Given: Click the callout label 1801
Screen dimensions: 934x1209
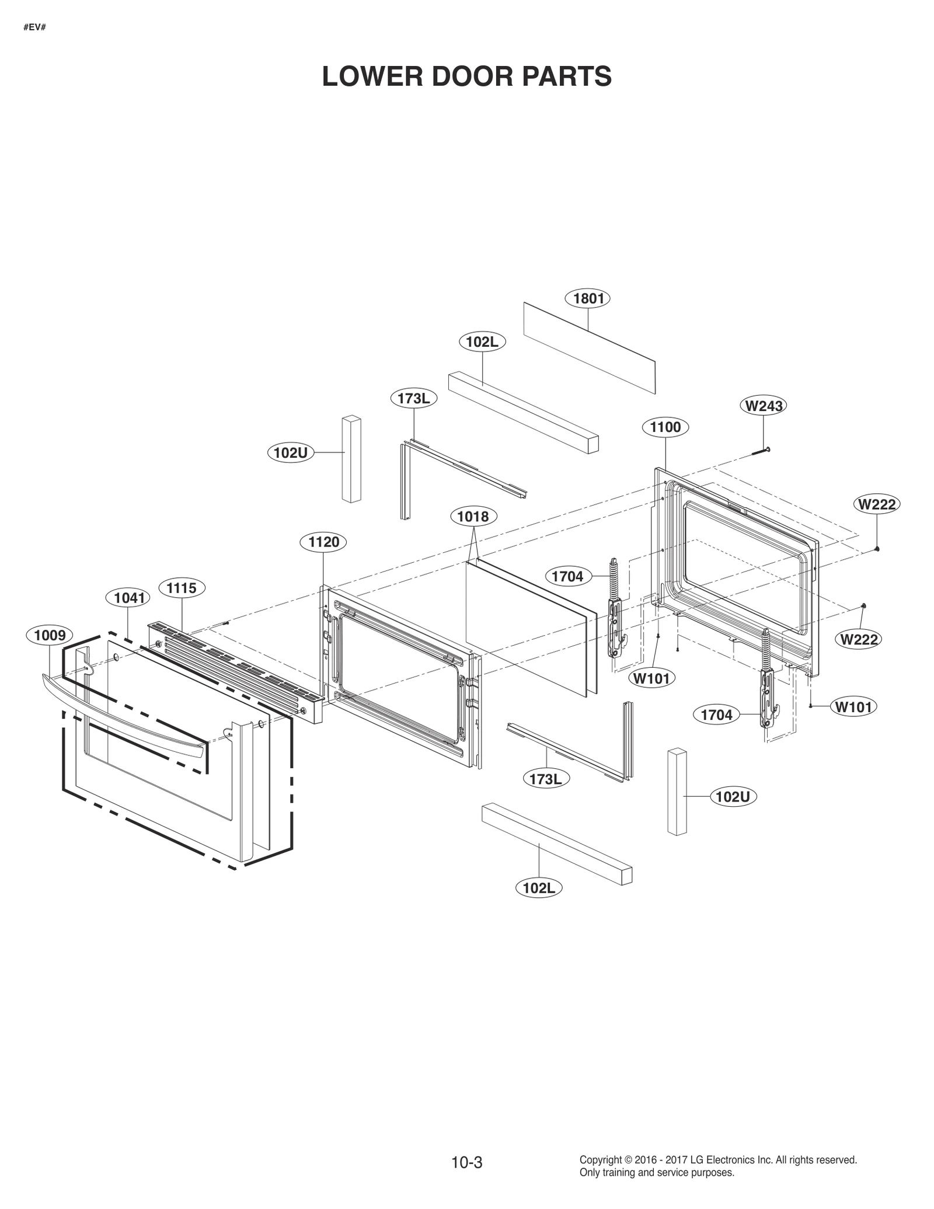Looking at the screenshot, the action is point(588,298).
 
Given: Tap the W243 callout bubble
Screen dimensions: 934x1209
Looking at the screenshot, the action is point(764,405).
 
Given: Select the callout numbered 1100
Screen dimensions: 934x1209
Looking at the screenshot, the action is point(665,427).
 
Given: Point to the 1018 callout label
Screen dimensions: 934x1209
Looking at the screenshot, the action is point(473,517).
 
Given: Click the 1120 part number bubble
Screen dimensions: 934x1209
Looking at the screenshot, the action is point(323,542).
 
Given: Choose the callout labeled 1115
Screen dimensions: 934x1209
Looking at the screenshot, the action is point(182,587).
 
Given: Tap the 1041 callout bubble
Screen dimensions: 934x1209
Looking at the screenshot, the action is point(128,597).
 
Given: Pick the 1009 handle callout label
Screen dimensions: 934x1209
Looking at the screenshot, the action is point(50,635).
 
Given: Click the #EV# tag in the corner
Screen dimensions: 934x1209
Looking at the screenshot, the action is point(34,27).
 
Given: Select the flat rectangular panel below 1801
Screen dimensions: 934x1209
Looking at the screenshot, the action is point(590,348).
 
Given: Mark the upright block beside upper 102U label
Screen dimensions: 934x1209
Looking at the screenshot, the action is point(351,458).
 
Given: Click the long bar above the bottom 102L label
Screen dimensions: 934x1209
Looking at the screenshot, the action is point(557,844).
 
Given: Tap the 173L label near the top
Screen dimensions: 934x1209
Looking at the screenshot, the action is point(413,399).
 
